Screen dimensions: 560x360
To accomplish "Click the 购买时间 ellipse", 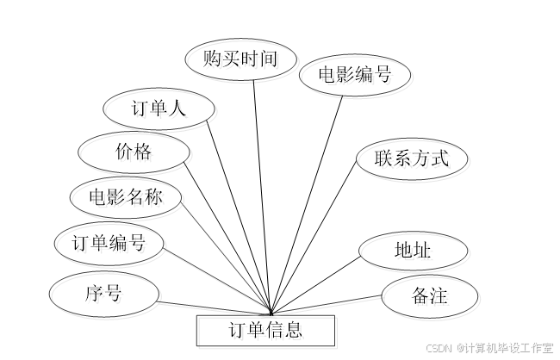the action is click(242, 62).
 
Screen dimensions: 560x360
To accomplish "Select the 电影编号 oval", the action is click(357, 78).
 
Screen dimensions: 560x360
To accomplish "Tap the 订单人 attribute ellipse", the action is click(160, 111).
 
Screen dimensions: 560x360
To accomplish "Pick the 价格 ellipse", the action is click(134, 155).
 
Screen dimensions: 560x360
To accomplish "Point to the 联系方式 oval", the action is click(414, 160).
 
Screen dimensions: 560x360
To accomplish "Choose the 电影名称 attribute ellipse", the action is click(128, 200).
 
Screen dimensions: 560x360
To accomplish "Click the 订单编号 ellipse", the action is click(111, 245).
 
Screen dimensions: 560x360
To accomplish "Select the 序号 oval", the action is click(106, 296).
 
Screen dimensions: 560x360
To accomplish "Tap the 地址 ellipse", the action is click(415, 253).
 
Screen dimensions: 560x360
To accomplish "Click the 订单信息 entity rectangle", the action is click(268, 332).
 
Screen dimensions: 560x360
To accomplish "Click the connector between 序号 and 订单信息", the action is click(215, 307).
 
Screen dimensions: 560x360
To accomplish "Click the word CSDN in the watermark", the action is click(439, 348).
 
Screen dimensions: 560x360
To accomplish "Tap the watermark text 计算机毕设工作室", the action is click(508, 348).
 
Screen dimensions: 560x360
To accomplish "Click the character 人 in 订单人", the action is click(178, 111).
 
